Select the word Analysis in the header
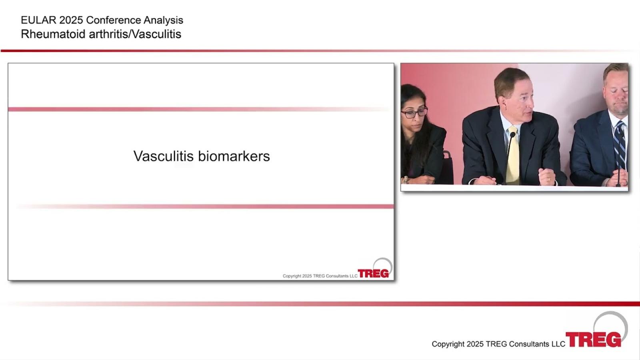click(163, 20)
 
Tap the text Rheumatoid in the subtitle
click(53, 34)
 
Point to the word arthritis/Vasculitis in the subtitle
click(135, 34)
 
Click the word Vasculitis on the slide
click(164, 156)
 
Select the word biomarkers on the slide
click(234, 156)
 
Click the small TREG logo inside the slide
click(375, 270)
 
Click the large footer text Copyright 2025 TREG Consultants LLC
click(498, 344)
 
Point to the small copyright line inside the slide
click(320, 276)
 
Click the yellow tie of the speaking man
click(513, 156)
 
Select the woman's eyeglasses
click(414, 113)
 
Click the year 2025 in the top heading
click(71, 20)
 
